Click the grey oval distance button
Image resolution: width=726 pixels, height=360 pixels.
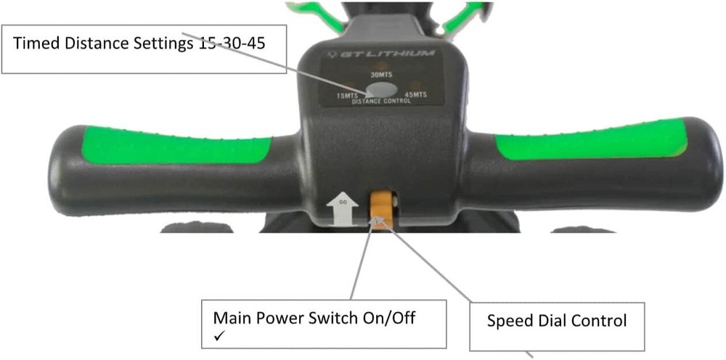(x=381, y=90)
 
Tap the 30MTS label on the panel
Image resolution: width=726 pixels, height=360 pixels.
(x=381, y=75)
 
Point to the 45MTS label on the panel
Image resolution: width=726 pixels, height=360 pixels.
(x=415, y=95)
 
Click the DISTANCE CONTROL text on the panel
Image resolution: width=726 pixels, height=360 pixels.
(x=382, y=101)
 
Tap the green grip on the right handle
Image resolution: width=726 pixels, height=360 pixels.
(x=590, y=139)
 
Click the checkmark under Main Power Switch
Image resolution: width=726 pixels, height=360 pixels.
(x=219, y=336)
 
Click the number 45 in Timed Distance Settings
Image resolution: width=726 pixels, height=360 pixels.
(x=256, y=43)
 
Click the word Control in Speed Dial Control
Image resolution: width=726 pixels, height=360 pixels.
(x=600, y=320)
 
